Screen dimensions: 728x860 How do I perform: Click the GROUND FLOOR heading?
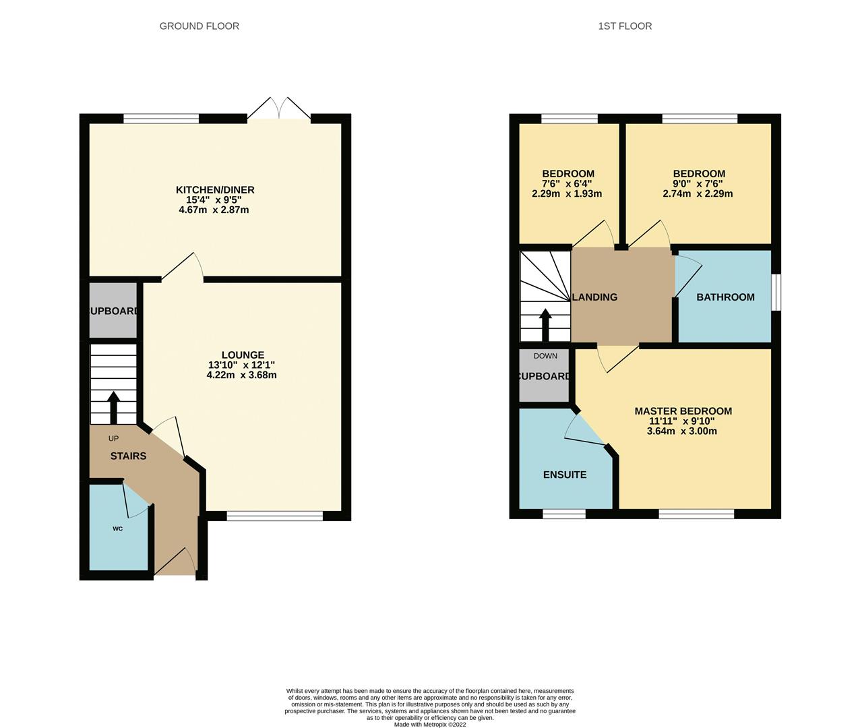(199, 26)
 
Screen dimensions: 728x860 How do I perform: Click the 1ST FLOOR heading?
(625, 26)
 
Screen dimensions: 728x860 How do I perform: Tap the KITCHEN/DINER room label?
(215, 189)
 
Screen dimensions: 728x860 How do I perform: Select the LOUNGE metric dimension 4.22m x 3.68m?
(241, 375)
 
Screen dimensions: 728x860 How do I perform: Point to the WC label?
(117, 528)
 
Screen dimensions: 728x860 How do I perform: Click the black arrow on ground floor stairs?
(113, 406)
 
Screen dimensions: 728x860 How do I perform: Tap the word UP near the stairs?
(113, 438)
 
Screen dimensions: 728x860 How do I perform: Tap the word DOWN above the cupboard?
(545, 356)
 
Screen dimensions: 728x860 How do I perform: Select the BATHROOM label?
(725, 297)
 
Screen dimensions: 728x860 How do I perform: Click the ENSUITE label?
(565, 475)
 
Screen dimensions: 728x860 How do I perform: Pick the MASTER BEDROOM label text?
(683, 411)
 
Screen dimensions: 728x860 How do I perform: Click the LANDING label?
(594, 297)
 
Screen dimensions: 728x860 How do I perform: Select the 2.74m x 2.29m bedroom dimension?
(698, 193)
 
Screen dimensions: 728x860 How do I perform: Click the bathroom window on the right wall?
(776, 292)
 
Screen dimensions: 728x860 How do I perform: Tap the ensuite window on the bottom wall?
(564, 514)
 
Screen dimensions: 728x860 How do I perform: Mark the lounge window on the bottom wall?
(275, 516)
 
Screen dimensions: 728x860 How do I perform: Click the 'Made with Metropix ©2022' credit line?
(429, 725)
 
